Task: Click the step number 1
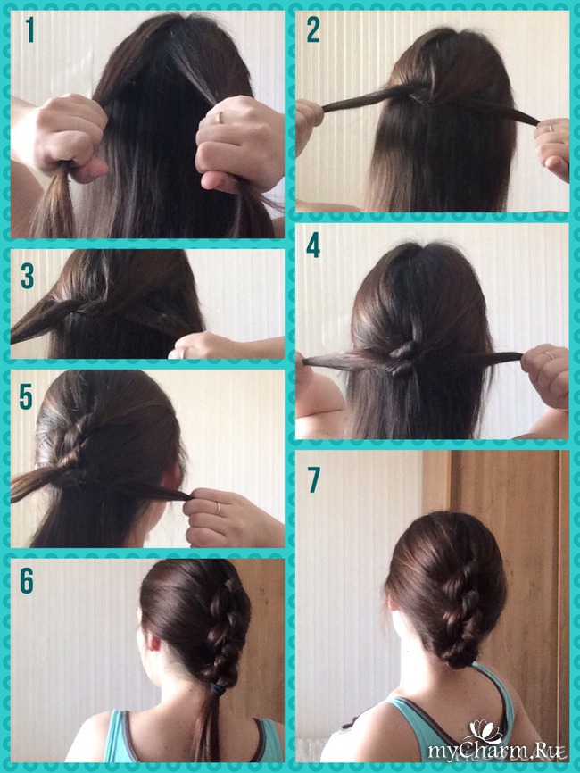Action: pos(30,29)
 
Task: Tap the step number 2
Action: pos(313,29)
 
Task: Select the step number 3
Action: pos(27,276)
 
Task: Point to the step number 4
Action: pos(313,245)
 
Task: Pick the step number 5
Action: pos(26,397)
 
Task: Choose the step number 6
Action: pos(27,581)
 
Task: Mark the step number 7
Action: pos(314,479)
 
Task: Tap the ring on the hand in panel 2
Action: pos(551,129)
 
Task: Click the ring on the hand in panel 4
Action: pos(550,355)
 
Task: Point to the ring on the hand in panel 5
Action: pos(218,509)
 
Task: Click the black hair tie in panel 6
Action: pos(217,687)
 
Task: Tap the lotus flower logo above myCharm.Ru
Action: pos(485,732)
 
